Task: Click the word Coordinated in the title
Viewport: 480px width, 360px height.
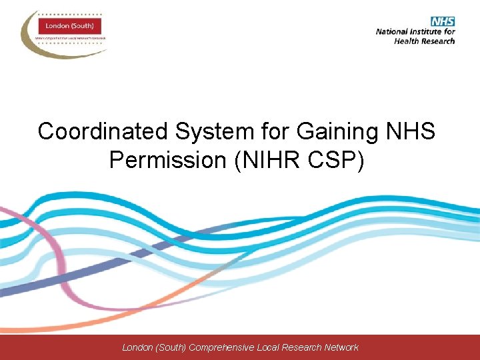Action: coord(94,131)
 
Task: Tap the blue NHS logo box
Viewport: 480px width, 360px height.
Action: coord(442,21)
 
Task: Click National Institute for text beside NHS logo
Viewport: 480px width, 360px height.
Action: coord(415,31)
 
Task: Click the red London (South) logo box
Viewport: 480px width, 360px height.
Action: coord(69,27)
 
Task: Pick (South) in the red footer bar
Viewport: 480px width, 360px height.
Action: coord(171,347)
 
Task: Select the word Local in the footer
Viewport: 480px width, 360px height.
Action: coord(274,347)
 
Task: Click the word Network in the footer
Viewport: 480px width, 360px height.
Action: coord(341,347)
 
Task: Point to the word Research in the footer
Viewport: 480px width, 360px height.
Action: coord(305,347)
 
